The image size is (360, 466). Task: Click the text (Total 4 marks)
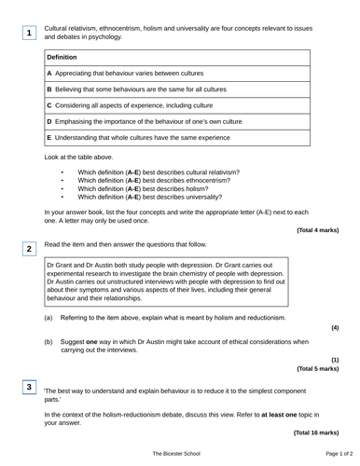point(318,228)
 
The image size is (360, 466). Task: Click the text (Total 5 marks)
point(318,368)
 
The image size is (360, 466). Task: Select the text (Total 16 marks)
point(316,432)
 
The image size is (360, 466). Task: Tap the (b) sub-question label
point(48,342)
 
